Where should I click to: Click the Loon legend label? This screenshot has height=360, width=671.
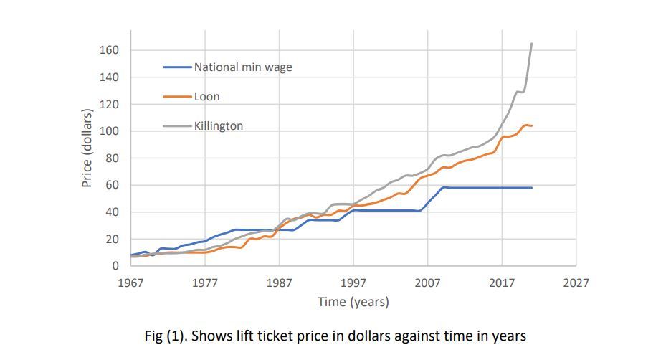coord(207,96)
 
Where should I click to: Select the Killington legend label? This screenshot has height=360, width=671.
coord(218,125)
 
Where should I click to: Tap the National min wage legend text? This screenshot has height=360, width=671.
coord(242,67)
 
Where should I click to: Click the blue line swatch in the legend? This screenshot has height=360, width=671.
coord(178,67)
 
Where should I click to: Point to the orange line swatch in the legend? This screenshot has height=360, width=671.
coord(178,96)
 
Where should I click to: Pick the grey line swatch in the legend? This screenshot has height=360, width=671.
coord(178,125)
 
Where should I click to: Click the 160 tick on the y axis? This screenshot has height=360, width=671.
coord(110,50)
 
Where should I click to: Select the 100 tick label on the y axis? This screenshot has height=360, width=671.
coord(110,131)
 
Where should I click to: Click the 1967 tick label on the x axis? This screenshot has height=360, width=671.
coord(130,283)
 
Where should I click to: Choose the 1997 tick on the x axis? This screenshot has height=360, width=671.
coord(353,283)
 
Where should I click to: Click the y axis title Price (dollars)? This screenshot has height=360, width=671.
coord(87,148)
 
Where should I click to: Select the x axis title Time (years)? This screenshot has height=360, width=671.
coord(353,302)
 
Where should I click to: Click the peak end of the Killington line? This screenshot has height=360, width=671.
coord(531,44)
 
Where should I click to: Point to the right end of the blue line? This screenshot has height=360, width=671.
coord(531,188)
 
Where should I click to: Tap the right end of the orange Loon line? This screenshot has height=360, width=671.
coord(531,126)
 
